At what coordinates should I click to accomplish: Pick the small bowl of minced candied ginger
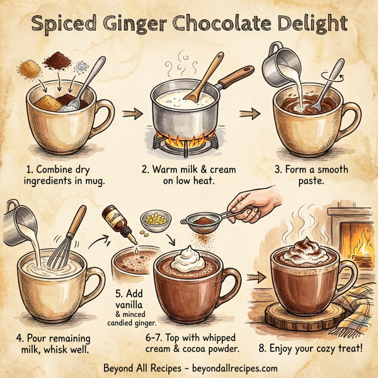152,221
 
